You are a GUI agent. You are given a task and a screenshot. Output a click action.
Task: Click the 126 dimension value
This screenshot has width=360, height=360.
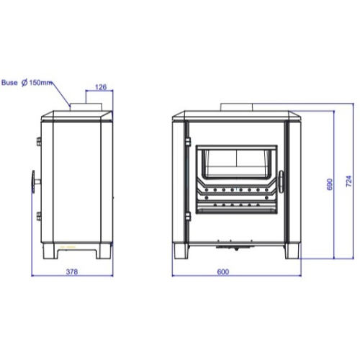tap(101, 87)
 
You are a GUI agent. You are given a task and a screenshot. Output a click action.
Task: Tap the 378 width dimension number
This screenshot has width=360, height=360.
tap(72, 271)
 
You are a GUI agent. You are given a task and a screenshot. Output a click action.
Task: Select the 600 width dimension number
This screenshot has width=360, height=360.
tap(223, 271)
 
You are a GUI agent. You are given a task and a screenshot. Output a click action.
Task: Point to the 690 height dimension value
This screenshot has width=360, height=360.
tap(330, 184)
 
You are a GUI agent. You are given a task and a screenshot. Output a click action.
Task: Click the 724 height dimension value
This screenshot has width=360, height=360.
tap(349, 181)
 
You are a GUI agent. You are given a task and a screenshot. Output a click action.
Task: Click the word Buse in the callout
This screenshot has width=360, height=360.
tap(9, 83)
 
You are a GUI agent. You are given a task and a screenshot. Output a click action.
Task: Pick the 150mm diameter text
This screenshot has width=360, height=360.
tap(40, 83)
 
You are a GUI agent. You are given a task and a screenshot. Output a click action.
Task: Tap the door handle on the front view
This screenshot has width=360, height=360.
tap(281, 181)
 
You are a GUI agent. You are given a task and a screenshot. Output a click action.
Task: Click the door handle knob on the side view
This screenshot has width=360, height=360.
tap(33, 181)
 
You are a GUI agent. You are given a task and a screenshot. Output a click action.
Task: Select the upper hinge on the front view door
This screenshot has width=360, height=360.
tap(188, 141)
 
